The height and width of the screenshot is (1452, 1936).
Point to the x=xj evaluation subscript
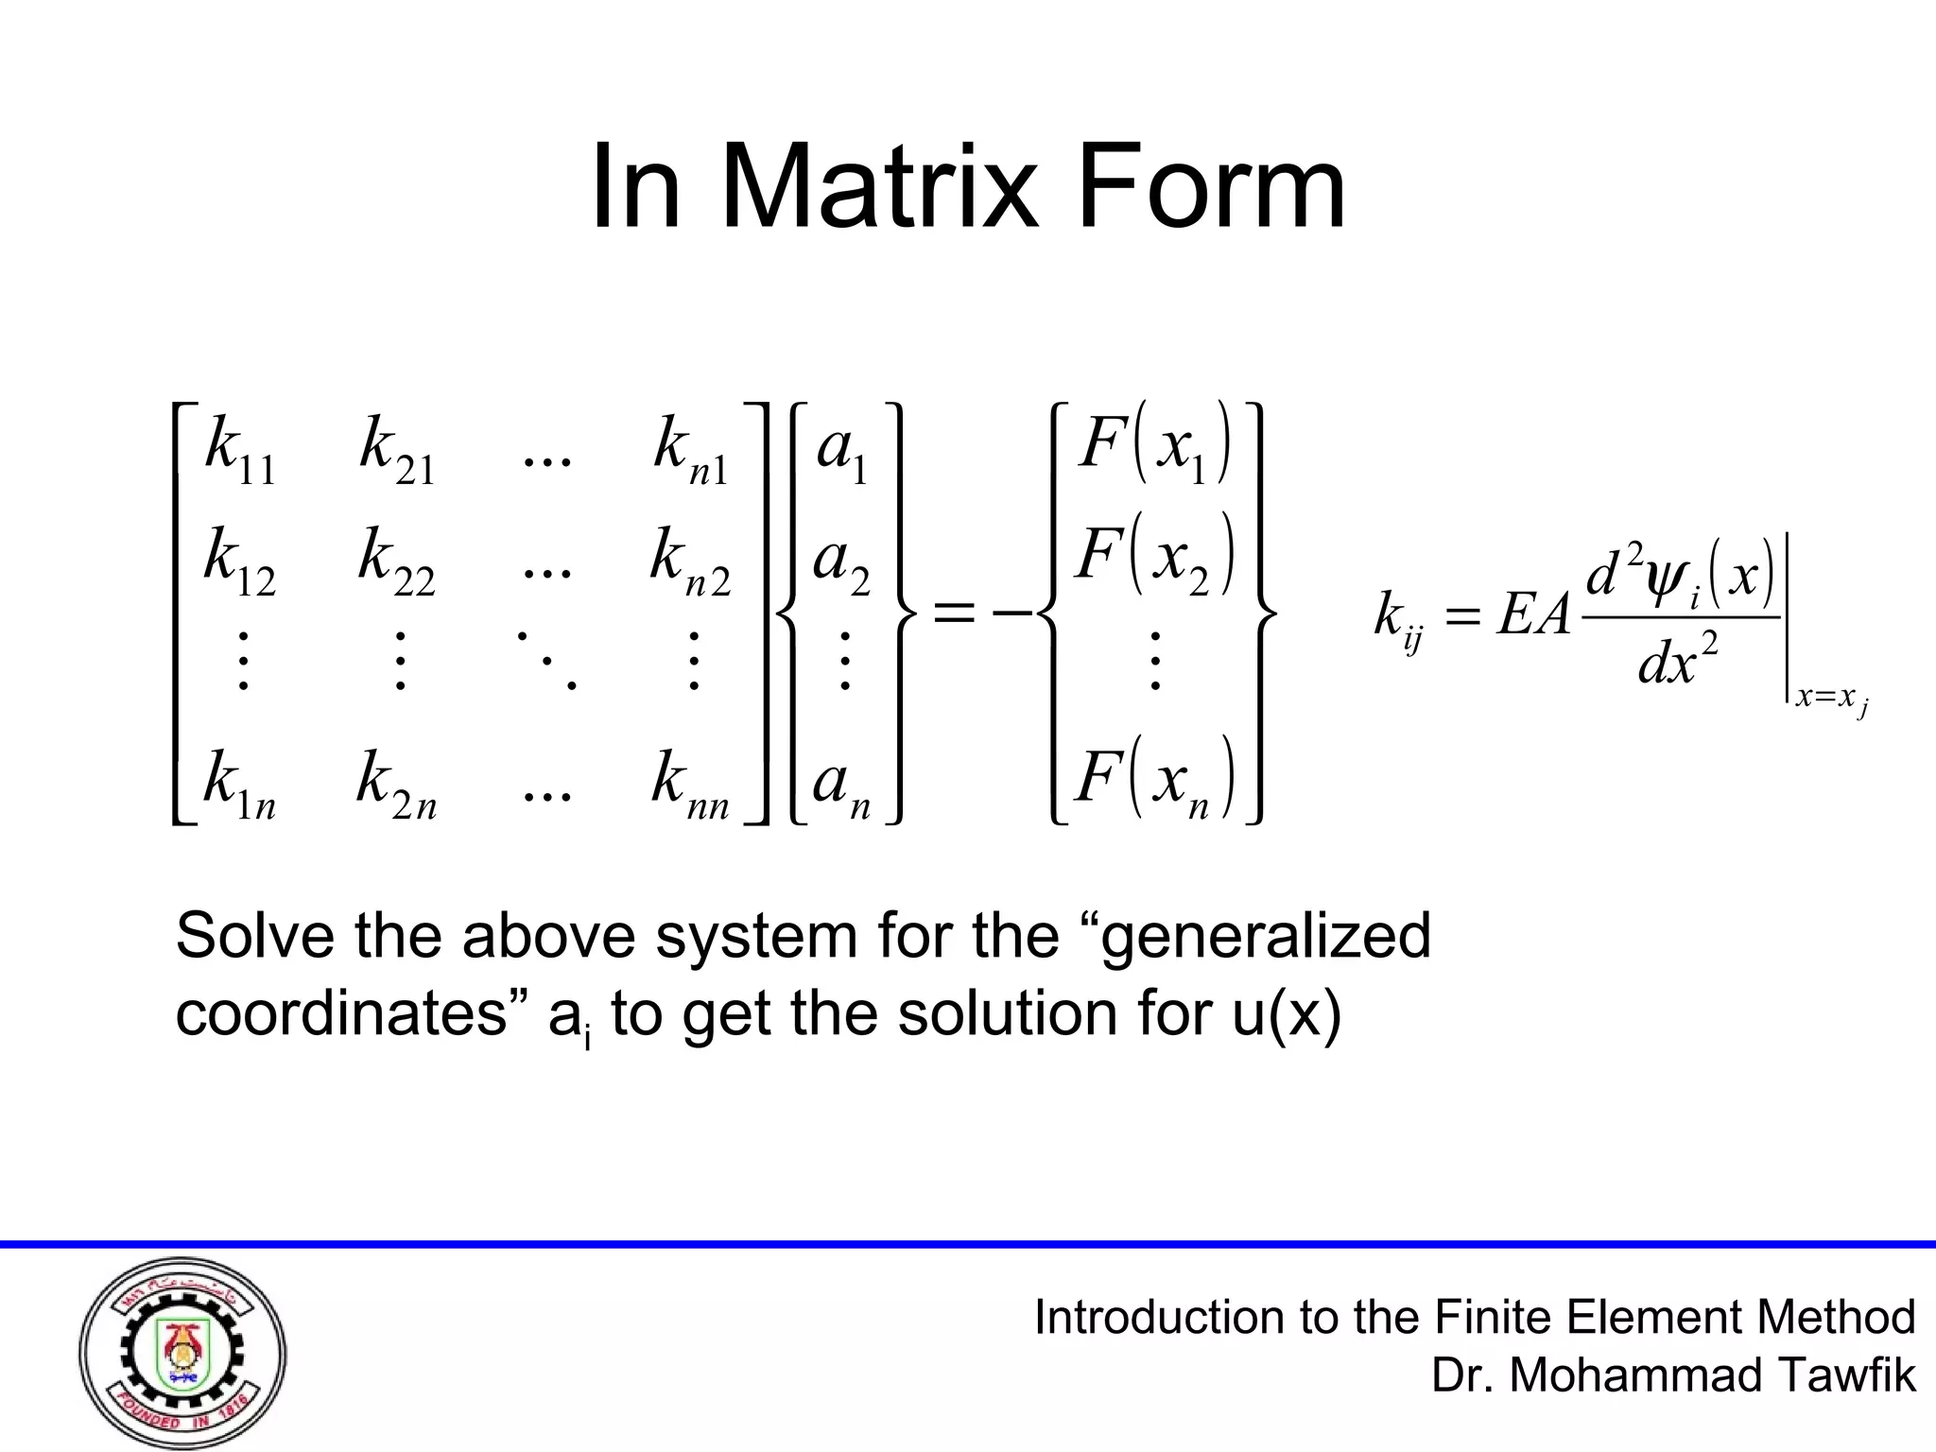click(x=1830, y=700)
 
